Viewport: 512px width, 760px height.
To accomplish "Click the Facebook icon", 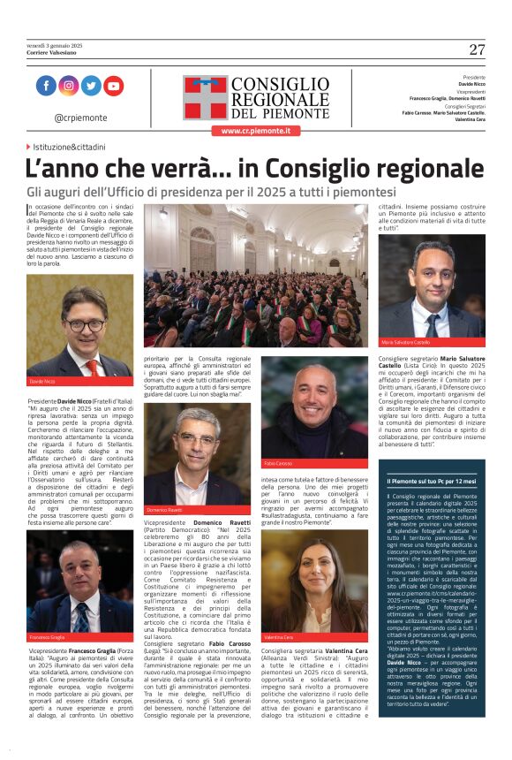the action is [47, 86].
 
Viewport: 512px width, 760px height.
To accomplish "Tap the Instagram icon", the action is [69, 86].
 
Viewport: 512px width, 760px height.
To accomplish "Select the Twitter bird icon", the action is [91, 86].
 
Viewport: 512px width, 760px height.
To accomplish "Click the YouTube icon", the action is [113, 86].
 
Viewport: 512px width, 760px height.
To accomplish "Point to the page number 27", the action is [477, 49].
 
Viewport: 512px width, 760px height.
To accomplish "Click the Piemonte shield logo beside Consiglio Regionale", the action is [205, 96].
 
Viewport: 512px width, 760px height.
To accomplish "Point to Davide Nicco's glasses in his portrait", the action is [83, 324].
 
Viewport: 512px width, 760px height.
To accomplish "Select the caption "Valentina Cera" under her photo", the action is [280, 636].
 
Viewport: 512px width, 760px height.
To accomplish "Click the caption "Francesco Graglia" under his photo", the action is [48, 637].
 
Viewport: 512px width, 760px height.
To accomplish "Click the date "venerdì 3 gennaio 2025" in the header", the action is [54, 45].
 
